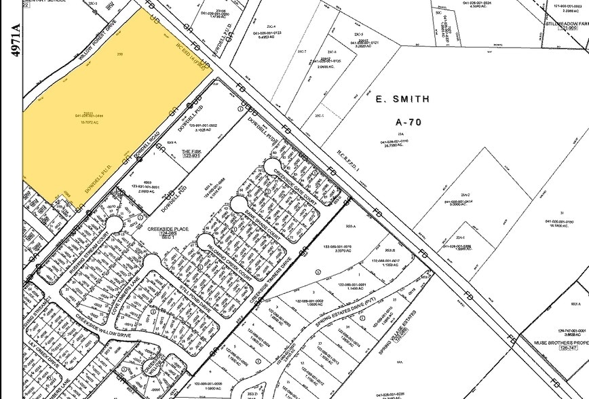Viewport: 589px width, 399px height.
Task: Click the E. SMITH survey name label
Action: [402, 99]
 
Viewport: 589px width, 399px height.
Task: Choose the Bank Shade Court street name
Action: [262, 223]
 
